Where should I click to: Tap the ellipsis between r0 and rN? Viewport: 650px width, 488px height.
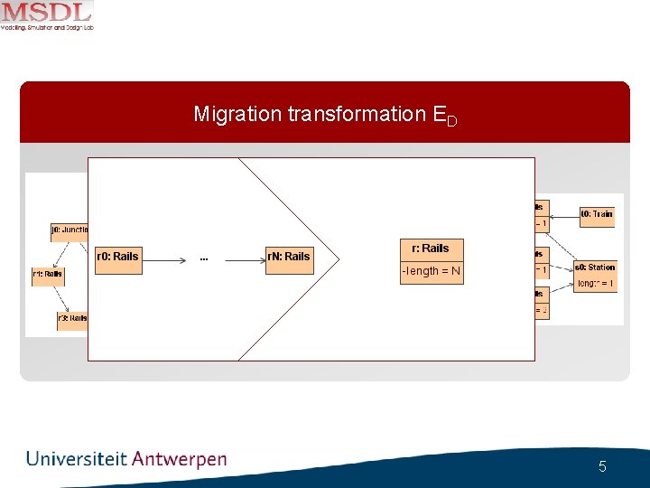[x=204, y=258]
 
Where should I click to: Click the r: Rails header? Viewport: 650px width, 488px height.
[x=432, y=249]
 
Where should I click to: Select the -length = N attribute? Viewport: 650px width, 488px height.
[x=432, y=271]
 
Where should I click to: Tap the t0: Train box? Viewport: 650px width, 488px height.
[x=597, y=214]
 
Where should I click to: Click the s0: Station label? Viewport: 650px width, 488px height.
[x=596, y=267]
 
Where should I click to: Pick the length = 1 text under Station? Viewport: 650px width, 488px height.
[x=596, y=283]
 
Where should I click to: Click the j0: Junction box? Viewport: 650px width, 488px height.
[x=70, y=230]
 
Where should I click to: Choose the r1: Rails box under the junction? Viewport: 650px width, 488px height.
[x=48, y=274]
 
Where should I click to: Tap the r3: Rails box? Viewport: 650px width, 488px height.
[x=72, y=318]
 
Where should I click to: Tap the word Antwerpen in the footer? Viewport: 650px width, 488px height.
[x=180, y=459]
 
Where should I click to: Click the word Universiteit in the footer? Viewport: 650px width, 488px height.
[x=77, y=459]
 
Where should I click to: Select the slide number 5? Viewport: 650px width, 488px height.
[x=602, y=467]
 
